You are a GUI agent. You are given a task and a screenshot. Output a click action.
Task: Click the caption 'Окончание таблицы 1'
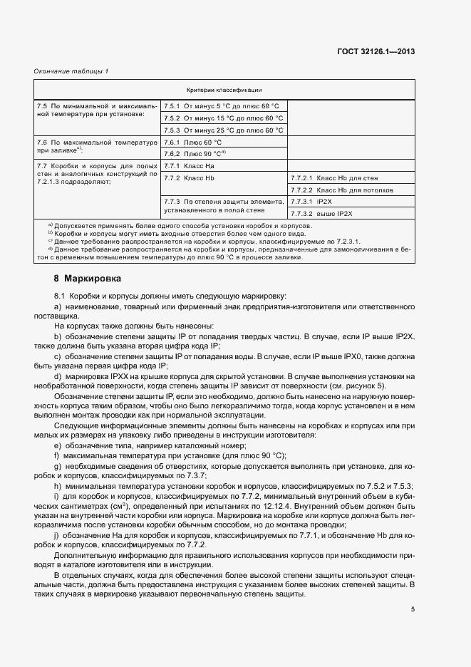(x=67, y=71)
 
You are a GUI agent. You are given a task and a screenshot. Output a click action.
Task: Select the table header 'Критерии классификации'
(x=224, y=90)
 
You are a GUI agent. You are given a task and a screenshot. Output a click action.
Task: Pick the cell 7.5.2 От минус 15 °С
(x=223, y=118)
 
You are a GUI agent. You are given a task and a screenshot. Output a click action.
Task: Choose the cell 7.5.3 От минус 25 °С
(x=223, y=130)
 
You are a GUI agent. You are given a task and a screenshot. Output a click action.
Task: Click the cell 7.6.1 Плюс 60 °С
(x=192, y=143)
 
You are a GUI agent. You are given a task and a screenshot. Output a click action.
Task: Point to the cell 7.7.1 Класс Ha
(x=189, y=166)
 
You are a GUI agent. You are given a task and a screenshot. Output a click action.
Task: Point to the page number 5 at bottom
(x=413, y=609)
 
